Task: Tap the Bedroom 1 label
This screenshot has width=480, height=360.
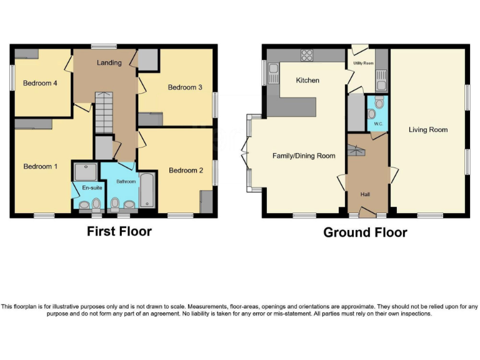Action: tap(41, 166)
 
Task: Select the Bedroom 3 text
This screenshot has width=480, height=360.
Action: tap(185, 87)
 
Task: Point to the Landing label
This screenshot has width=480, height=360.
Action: tap(109, 63)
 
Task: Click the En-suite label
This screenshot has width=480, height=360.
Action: tap(86, 187)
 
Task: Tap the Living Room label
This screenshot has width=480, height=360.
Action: tap(428, 130)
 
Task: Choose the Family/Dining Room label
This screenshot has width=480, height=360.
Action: tap(304, 156)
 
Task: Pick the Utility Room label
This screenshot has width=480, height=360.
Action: tap(363, 64)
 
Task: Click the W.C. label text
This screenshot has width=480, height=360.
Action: tap(377, 123)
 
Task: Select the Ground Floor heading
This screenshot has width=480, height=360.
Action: tap(365, 232)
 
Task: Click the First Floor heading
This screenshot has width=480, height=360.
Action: tap(119, 231)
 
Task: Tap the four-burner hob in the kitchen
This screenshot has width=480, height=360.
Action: tap(307, 55)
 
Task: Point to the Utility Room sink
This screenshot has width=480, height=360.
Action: tap(381, 79)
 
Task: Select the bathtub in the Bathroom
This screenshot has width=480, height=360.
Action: tap(148, 189)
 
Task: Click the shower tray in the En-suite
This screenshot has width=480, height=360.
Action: tap(82, 171)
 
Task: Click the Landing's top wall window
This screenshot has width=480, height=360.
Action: tap(103, 46)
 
